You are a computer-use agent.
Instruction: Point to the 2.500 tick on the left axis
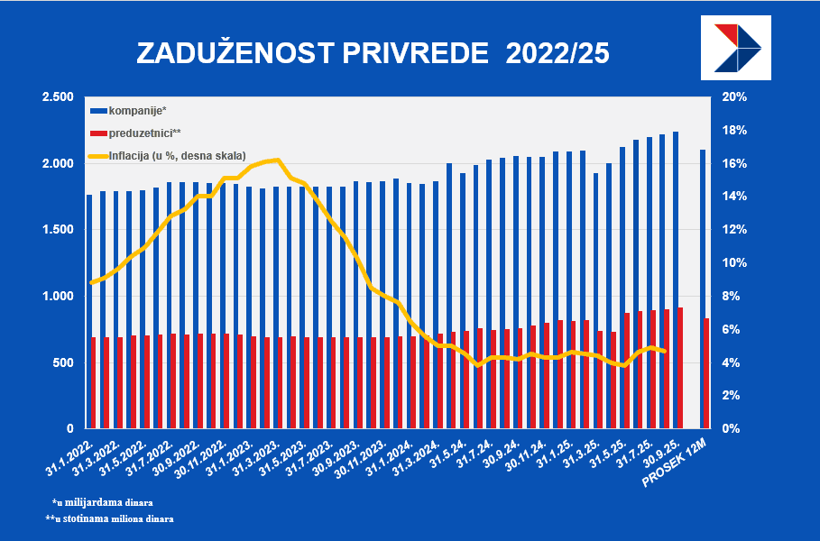click(x=57, y=97)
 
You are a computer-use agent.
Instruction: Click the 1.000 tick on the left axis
click(x=57, y=296)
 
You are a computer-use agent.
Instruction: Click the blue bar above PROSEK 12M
click(x=704, y=289)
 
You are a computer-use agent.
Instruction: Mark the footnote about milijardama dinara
click(x=103, y=501)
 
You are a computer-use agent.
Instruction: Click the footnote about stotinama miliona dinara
click(x=109, y=519)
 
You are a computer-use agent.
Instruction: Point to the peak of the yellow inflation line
click(x=277, y=160)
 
